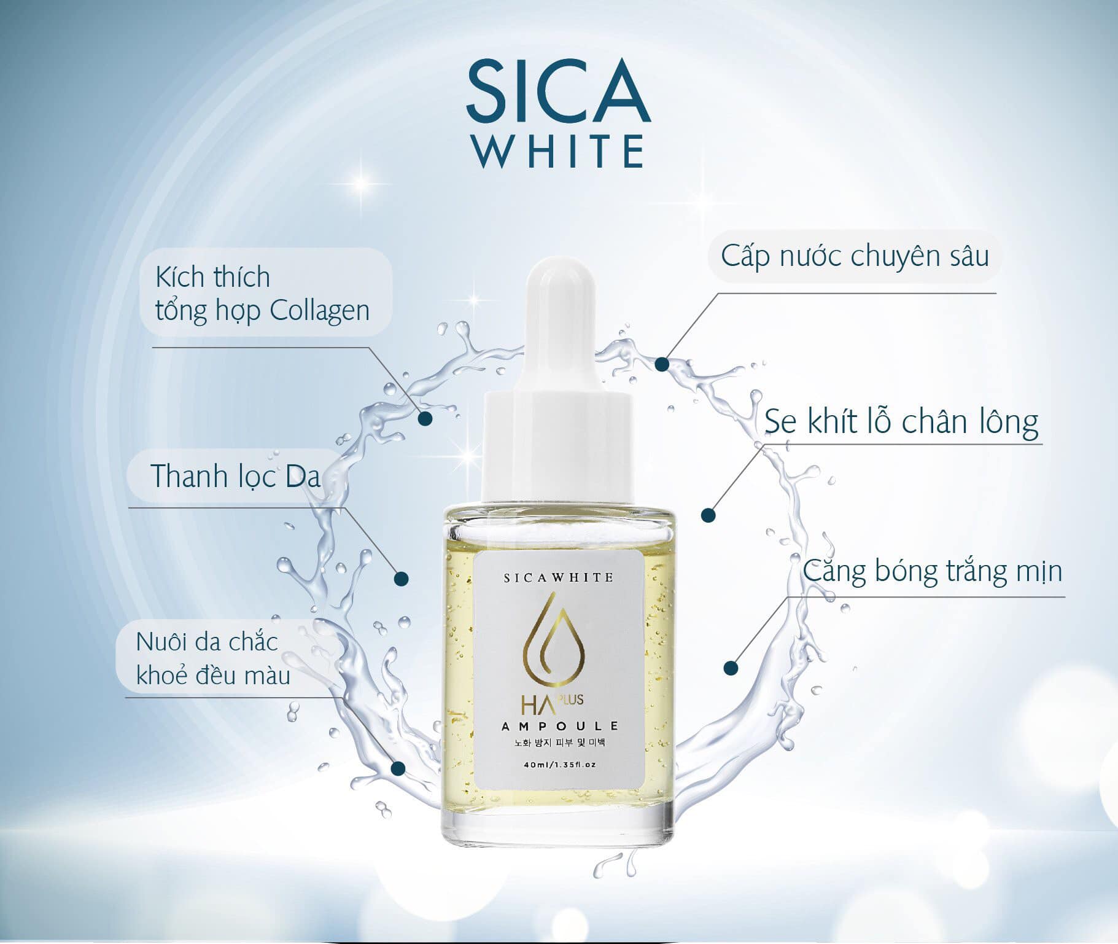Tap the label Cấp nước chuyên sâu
855,257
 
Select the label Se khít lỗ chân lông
901,422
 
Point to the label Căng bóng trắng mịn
932,571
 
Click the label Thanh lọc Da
235,476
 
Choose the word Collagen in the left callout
319,311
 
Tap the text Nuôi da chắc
207,642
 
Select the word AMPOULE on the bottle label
559,727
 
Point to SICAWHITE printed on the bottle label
558,577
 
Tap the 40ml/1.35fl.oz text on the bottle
559,765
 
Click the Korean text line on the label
559,744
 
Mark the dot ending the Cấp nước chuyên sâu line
661,364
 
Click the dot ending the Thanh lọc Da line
401,578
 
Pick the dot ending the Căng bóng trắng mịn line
730,668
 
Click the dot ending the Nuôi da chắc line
398,768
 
